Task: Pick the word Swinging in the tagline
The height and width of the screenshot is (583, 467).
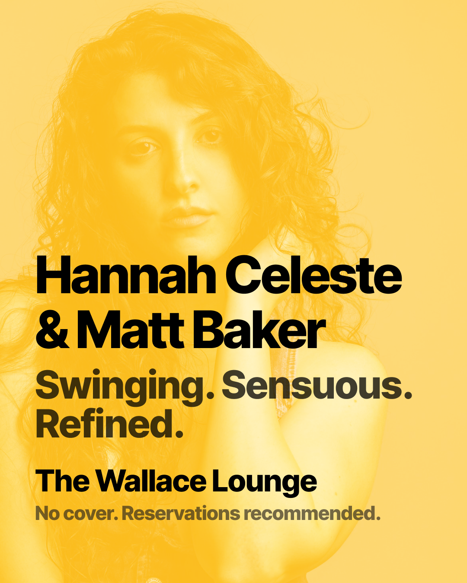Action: tap(119, 387)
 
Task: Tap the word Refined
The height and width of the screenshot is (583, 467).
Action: tap(104, 425)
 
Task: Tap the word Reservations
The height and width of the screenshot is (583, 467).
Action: tap(181, 513)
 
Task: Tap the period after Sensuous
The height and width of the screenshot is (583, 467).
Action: tap(407, 395)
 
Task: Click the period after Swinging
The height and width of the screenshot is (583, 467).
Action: tap(210, 395)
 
